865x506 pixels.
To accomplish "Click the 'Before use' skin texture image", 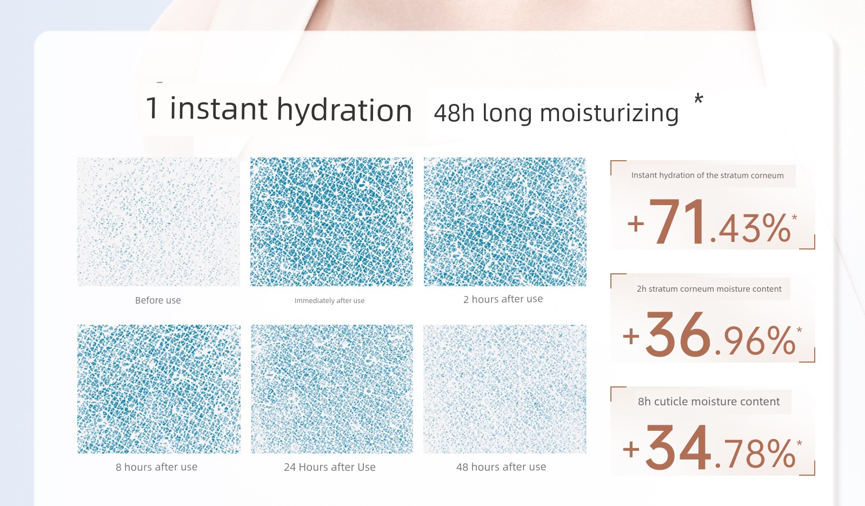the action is [x=158, y=222].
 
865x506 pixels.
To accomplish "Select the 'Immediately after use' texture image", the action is [x=331, y=222].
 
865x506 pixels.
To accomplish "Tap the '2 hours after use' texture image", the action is [x=505, y=222].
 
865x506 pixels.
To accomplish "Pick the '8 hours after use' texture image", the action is [x=158, y=389].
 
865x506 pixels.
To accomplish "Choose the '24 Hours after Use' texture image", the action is [x=332, y=389].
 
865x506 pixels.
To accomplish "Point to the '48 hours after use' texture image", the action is [x=505, y=389].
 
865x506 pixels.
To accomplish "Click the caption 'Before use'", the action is [x=158, y=300].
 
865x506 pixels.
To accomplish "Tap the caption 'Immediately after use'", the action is [x=329, y=301].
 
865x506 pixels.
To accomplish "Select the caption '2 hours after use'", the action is [x=503, y=299].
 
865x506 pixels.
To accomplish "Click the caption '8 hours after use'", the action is [x=156, y=467].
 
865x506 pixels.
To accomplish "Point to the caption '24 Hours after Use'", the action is [x=329, y=467].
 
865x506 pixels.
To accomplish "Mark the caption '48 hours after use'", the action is [x=501, y=467].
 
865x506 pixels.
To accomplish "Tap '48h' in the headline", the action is [x=454, y=113].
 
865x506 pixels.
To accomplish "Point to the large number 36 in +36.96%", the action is [x=678, y=334].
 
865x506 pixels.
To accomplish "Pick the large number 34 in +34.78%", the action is [x=678, y=448].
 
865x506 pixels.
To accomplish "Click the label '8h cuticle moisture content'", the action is [x=709, y=402].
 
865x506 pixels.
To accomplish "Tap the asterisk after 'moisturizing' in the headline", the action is [x=698, y=98].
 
